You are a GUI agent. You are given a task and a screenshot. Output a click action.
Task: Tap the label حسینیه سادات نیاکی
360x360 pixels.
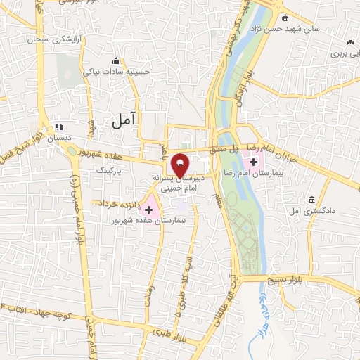117,71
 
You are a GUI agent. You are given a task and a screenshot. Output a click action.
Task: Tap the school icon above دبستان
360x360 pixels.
59,127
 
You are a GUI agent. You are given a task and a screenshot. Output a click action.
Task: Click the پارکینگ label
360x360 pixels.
109,171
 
